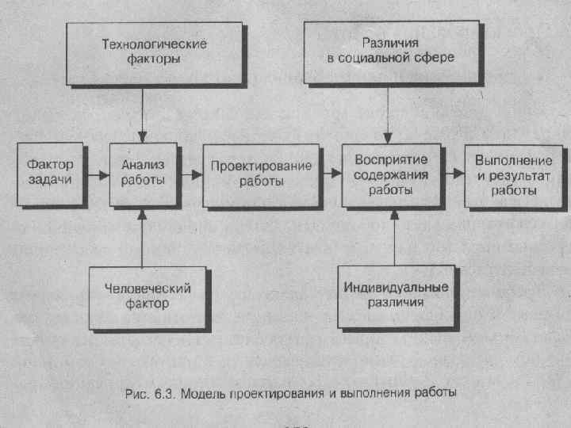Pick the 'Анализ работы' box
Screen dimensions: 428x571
[x=143, y=172]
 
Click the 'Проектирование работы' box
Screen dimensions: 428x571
[x=261, y=173]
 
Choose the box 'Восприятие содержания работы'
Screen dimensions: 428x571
[x=391, y=174]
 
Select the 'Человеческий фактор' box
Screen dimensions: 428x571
[x=148, y=296]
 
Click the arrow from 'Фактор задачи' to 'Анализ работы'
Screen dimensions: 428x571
[x=98, y=174]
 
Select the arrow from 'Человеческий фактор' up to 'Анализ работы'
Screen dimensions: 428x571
[x=142, y=238]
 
